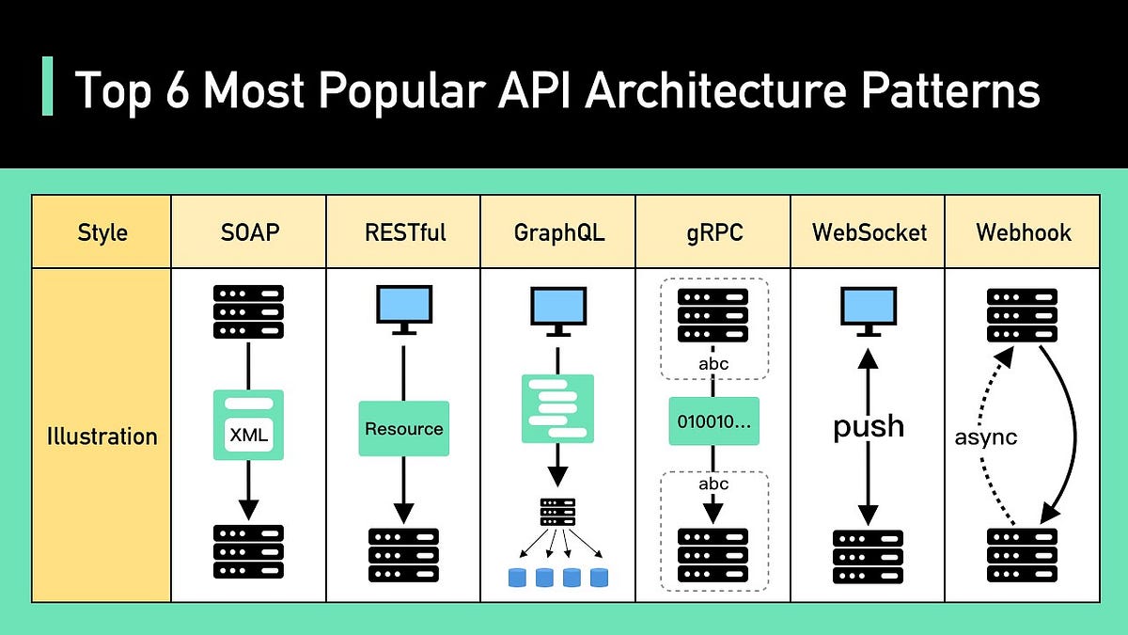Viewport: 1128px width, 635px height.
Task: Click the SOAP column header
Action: tap(248, 231)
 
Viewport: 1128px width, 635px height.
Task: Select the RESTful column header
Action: tap(403, 231)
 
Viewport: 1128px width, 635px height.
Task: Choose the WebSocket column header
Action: tap(868, 231)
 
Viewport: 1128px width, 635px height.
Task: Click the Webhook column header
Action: tap(1023, 231)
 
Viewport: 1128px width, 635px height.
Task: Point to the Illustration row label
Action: tap(102, 437)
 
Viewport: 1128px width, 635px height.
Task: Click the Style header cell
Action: tap(102, 231)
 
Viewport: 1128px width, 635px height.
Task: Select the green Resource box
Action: tap(403, 428)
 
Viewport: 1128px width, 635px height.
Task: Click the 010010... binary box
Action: tap(713, 421)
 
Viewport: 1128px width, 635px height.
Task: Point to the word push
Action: tap(868, 426)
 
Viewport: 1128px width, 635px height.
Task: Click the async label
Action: tap(985, 437)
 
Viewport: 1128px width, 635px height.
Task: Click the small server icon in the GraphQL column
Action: tap(557, 511)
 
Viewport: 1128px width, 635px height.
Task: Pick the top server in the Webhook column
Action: tap(1022, 315)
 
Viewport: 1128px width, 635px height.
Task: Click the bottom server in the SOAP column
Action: tap(248, 551)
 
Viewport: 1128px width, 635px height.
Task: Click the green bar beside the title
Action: tap(48, 87)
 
